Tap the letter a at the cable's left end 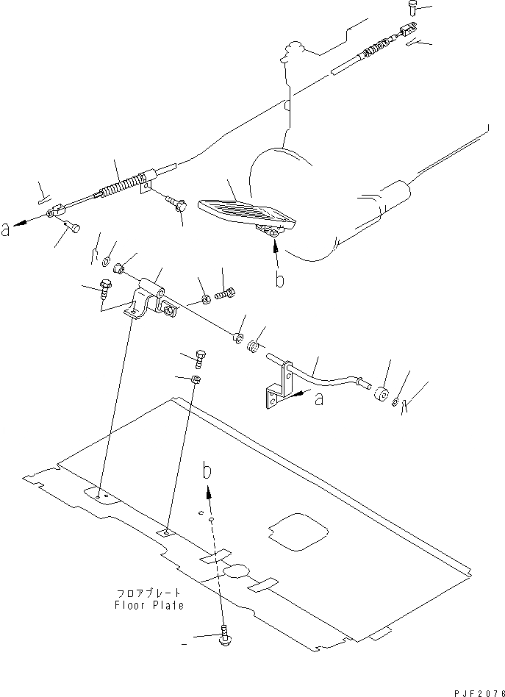pos(7,229)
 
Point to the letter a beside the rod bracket pos(318,398)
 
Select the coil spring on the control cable pos(120,190)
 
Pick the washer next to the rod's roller pos(395,401)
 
